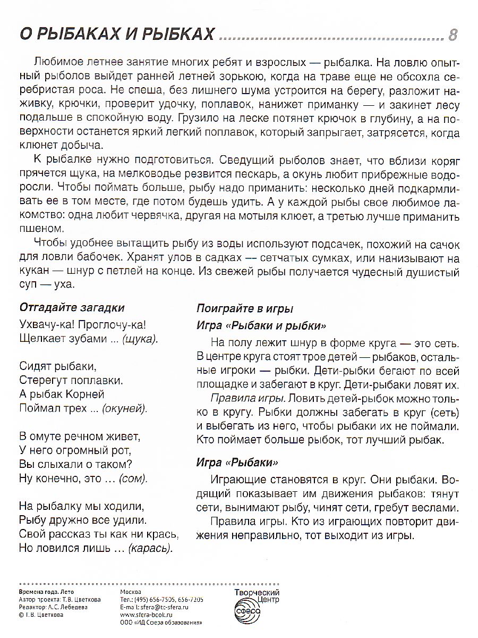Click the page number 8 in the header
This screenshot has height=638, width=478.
pyautogui.click(x=453, y=35)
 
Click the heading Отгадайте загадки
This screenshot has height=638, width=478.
pyautogui.click(x=71, y=307)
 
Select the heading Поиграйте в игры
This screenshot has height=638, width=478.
pyautogui.click(x=245, y=308)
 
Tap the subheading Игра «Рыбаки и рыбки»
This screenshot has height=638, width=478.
pyautogui.click(x=261, y=325)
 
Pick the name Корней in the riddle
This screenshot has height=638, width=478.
pyautogui.click(x=86, y=394)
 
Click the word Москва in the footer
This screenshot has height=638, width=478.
pyautogui.click(x=131, y=592)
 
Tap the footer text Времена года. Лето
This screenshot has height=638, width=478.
pyautogui.click(x=46, y=592)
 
